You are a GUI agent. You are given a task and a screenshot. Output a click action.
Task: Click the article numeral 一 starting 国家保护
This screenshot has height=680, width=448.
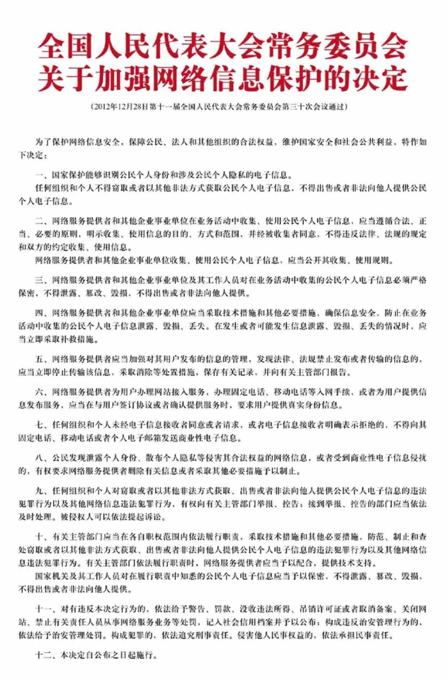coord(39,175)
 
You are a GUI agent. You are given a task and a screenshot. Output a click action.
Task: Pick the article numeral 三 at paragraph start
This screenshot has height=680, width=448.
coord(39,280)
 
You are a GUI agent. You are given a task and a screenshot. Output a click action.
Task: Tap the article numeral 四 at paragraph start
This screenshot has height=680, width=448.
coord(39,313)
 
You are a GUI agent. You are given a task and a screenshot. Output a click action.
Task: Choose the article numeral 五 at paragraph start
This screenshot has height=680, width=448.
coord(39,359)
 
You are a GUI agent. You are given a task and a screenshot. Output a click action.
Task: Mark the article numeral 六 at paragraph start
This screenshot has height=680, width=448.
coord(39,392)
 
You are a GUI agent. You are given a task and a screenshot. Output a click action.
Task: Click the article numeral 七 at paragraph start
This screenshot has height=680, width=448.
coord(39,425)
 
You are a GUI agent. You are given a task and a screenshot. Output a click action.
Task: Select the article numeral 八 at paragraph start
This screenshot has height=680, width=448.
coord(39,458)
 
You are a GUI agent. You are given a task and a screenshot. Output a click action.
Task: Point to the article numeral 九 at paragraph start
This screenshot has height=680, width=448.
coord(39,491)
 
